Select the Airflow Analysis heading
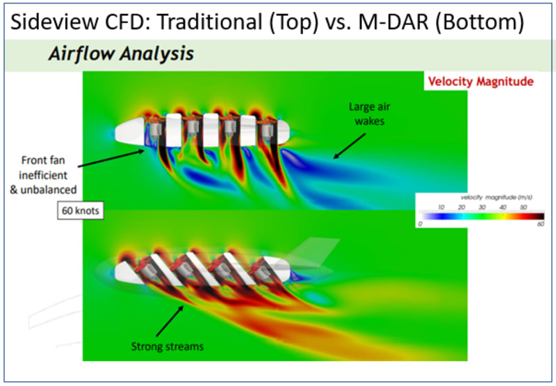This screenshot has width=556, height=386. [120, 54]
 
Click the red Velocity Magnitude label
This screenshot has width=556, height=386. [480, 81]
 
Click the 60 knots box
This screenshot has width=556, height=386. [80, 209]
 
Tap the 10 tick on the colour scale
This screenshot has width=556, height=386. [441, 206]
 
